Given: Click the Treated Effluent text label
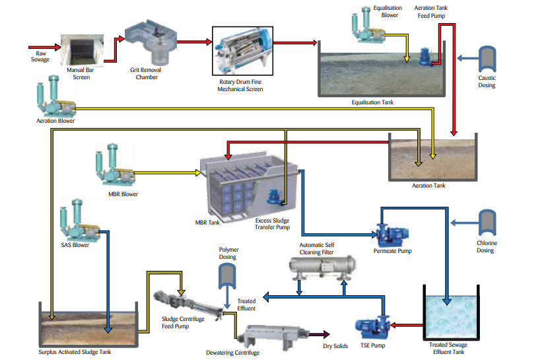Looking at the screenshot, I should (246, 305).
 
